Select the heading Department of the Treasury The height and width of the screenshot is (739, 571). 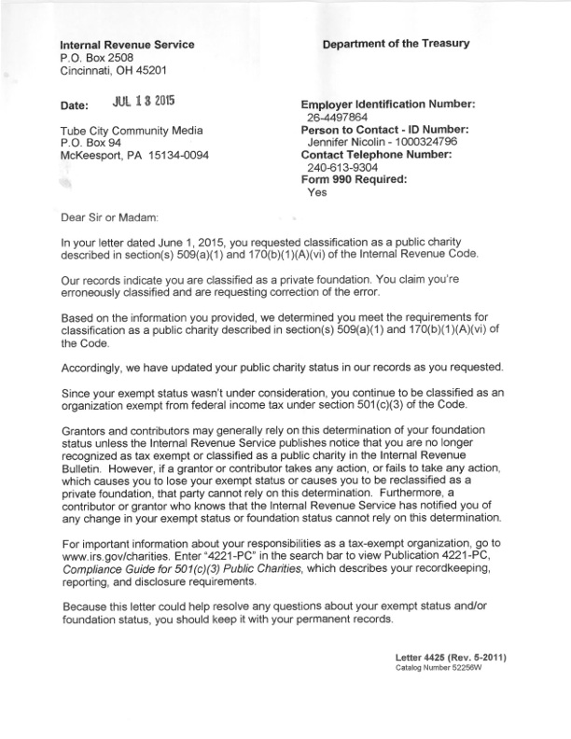(x=397, y=44)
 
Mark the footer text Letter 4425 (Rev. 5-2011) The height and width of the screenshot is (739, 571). (x=451, y=658)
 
